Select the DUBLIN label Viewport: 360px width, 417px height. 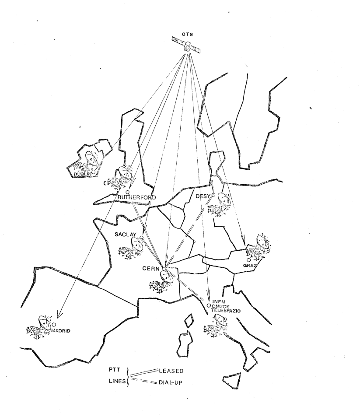[x=82, y=174]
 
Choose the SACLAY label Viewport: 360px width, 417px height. [x=126, y=235]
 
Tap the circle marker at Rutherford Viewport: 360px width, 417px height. [x=127, y=192]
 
